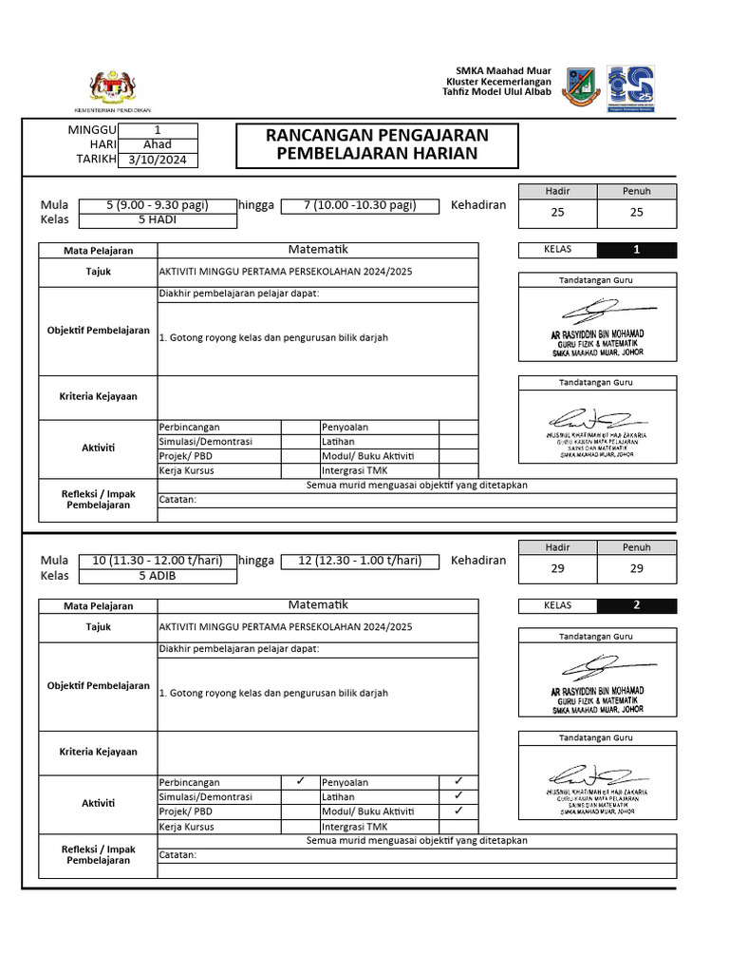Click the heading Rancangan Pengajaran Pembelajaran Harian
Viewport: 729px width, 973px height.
[377, 144]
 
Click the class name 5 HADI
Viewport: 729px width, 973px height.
[158, 219]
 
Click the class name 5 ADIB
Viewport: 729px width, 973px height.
[158, 575]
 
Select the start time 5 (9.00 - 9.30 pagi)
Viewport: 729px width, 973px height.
[158, 205]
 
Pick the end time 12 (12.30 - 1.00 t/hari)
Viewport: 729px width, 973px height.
[360, 561]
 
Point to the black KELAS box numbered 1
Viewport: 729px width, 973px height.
[637, 251]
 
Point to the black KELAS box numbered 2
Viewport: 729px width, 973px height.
[637, 605]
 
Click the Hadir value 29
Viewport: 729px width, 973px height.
[558, 568]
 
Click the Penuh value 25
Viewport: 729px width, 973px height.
[637, 213]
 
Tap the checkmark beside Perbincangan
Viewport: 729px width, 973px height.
[300, 781]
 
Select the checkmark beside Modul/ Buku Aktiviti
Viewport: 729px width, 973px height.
[458, 811]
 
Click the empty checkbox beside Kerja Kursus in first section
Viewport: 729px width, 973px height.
[300, 470]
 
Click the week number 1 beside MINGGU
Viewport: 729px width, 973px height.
[158, 130]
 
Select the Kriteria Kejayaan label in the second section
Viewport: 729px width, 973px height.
[99, 752]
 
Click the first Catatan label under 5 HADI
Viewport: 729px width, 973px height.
[178, 500]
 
